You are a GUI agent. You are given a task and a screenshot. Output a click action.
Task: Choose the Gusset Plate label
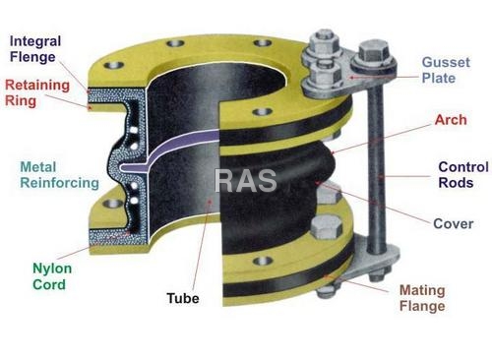445,69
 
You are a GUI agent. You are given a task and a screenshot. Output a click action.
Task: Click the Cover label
453,223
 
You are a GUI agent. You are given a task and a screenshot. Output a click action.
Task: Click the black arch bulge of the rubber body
285,177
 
